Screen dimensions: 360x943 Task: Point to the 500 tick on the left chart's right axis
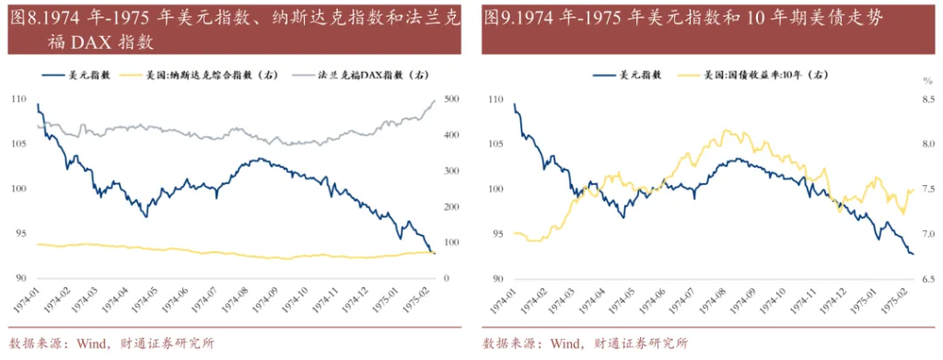tap(451, 99)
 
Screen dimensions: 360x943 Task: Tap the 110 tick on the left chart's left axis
tap(18, 99)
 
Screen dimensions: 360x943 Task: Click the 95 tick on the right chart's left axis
tap(497, 234)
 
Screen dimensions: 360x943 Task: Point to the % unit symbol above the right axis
tap(928, 82)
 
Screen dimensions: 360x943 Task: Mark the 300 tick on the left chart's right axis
tap(451, 171)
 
